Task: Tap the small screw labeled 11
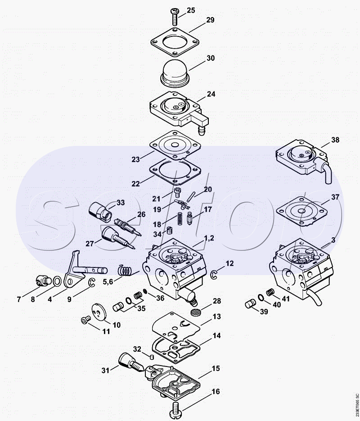pos(84,320)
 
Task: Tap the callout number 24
pos(211,94)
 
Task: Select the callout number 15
pos(216,369)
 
